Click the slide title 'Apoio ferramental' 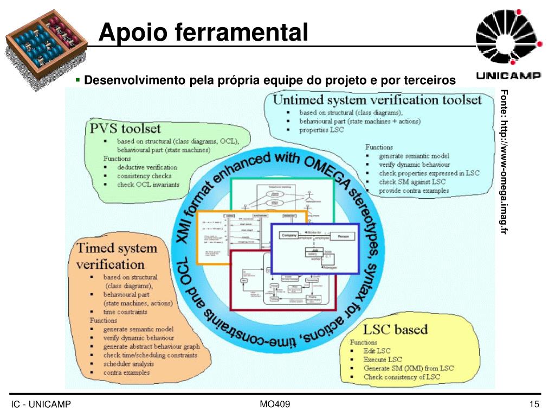coord(204,31)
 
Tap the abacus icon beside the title coord(47,41)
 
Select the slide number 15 coord(534,405)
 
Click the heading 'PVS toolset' coord(125,129)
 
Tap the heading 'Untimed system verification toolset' coord(377,100)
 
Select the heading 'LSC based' coord(395,329)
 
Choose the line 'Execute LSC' coord(383,359)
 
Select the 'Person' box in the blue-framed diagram coord(343,237)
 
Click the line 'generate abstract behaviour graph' coord(151,346)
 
